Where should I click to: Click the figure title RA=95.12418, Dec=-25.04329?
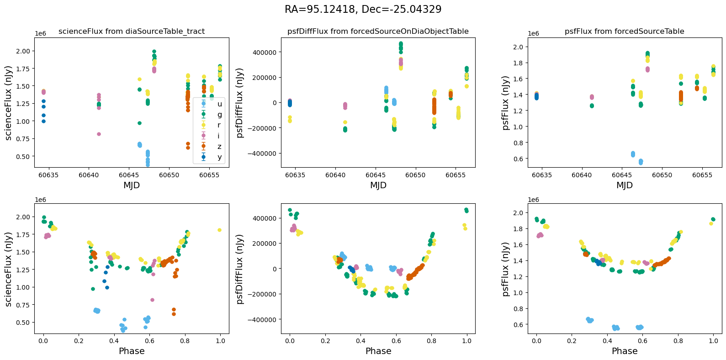coord(363,10)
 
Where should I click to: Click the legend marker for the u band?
coord(203,104)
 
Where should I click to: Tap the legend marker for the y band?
coord(203,157)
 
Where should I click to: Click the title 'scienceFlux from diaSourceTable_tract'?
coord(132,32)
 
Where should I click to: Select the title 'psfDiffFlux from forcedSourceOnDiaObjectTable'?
coord(378,32)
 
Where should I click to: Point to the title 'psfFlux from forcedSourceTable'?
coord(624,32)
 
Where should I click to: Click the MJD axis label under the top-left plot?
coord(132,185)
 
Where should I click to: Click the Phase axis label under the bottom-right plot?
coord(624,351)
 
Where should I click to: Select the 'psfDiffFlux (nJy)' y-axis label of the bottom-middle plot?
coord(241,269)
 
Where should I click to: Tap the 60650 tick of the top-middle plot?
coord(416,175)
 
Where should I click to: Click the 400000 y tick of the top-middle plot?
coord(265,52)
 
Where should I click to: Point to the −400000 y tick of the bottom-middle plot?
coord(263,319)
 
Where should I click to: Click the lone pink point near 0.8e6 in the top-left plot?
coord(99,134)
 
